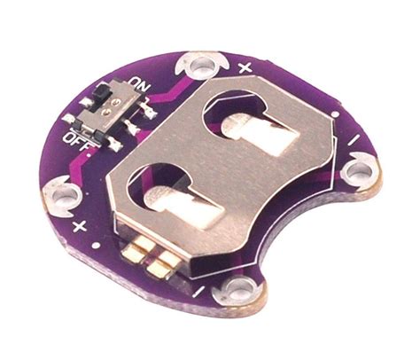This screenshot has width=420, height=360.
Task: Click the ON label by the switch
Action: (x=140, y=84)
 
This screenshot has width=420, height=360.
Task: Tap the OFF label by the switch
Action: (x=77, y=140)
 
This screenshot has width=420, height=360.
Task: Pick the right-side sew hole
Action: (x=358, y=171)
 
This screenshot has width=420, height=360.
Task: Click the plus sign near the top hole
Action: (x=245, y=67)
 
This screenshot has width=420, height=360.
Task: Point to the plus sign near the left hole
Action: (x=79, y=227)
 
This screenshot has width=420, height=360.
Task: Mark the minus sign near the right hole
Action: (x=355, y=140)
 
